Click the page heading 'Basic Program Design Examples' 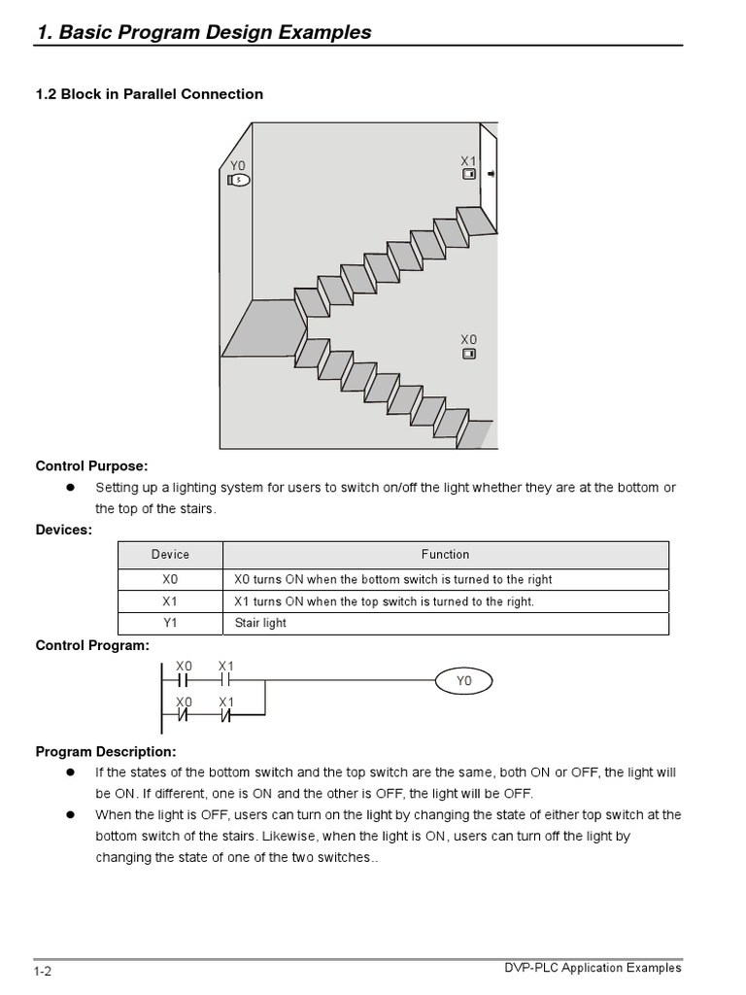click(x=204, y=32)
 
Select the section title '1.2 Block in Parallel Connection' click(x=150, y=94)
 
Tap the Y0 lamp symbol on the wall click(x=239, y=180)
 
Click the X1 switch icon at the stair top click(x=468, y=175)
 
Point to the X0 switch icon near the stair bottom click(x=468, y=354)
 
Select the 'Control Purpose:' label click(x=92, y=466)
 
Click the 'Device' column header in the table click(x=170, y=555)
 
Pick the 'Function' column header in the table click(x=445, y=555)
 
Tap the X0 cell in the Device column click(x=170, y=579)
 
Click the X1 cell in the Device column click(x=170, y=601)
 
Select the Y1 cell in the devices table click(x=170, y=624)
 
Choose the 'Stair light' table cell click(x=260, y=624)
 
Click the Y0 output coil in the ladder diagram click(x=464, y=682)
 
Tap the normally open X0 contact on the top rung click(x=184, y=682)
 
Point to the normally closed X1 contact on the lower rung click(x=225, y=717)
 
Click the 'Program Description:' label click(x=106, y=752)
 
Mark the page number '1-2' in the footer click(x=42, y=971)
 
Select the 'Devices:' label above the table click(x=64, y=530)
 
